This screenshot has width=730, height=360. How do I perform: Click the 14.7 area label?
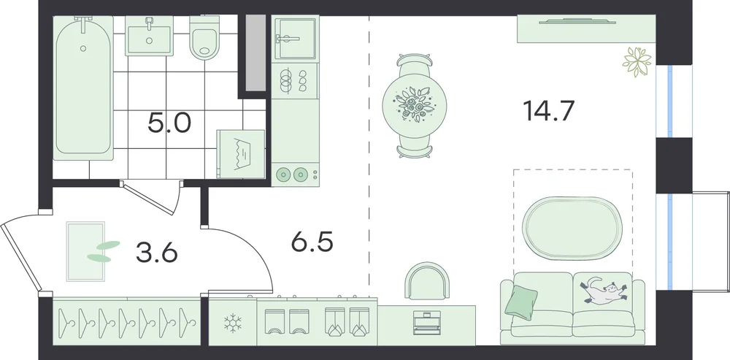[x=548, y=111]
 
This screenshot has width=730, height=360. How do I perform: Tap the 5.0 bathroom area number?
[x=169, y=123]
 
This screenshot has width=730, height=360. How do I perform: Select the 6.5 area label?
[x=312, y=242]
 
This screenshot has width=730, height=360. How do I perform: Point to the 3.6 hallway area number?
[x=157, y=253]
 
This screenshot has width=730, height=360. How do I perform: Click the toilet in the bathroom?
[x=204, y=38]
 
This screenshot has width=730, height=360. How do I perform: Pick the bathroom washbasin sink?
[x=149, y=36]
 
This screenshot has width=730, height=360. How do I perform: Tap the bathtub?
[x=83, y=88]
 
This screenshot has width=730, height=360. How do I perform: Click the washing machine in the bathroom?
[x=241, y=153]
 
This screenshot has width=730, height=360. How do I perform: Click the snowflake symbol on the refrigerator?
[x=232, y=323]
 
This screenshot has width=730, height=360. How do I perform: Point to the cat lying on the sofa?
[x=603, y=290]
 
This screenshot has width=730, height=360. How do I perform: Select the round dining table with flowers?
[x=415, y=104]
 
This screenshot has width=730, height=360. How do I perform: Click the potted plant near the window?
[x=637, y=61]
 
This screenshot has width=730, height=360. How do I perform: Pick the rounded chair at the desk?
[x=427, y=280]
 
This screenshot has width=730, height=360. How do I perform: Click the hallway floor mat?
[x=85, y=251]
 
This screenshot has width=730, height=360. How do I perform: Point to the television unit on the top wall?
[x=586, y=29]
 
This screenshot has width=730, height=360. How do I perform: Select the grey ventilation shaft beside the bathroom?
[x=255, y=53]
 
